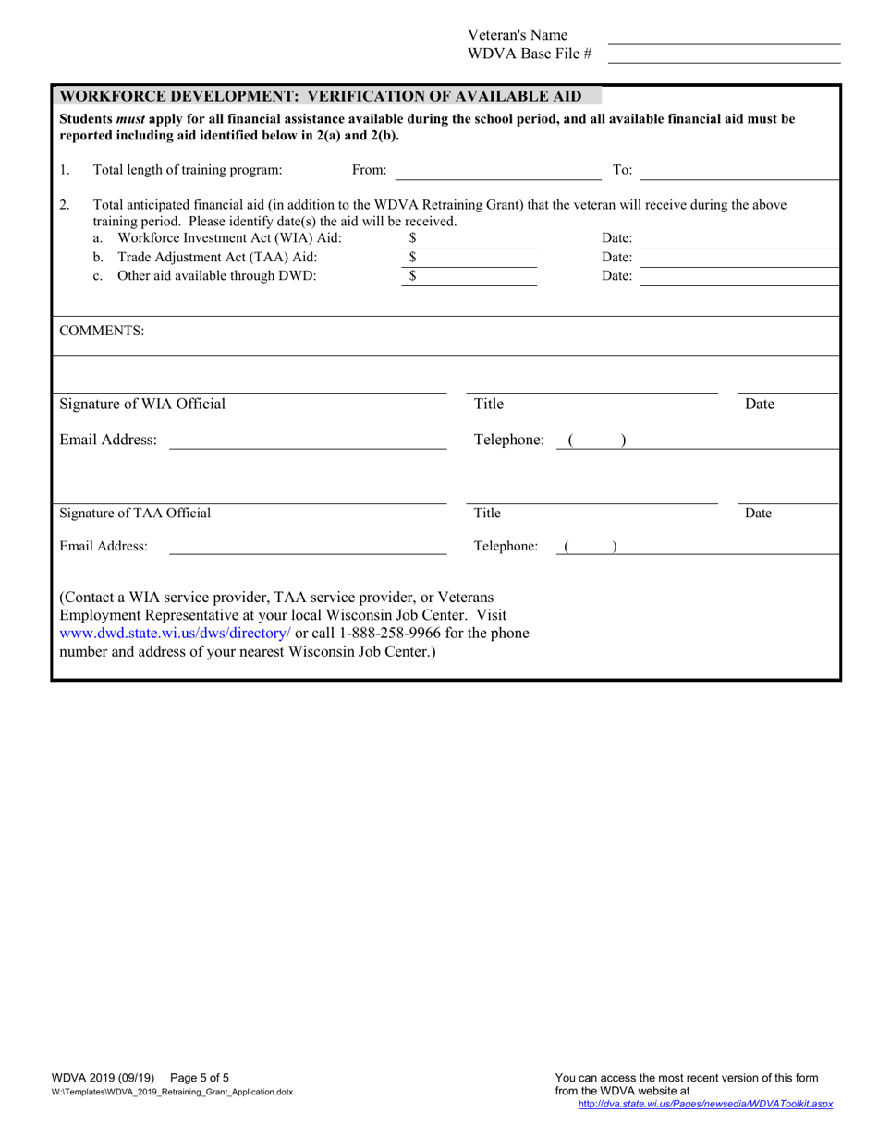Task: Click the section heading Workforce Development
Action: point(320,96)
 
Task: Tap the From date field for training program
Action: point(497,171)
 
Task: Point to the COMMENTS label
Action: point(102,331)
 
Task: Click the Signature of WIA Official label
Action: point(142,404)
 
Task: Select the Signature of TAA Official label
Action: point(135,513)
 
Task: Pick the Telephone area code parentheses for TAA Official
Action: point(591,547)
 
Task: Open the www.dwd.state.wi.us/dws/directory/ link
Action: point(176,634)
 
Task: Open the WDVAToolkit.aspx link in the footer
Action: point(705,1104)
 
